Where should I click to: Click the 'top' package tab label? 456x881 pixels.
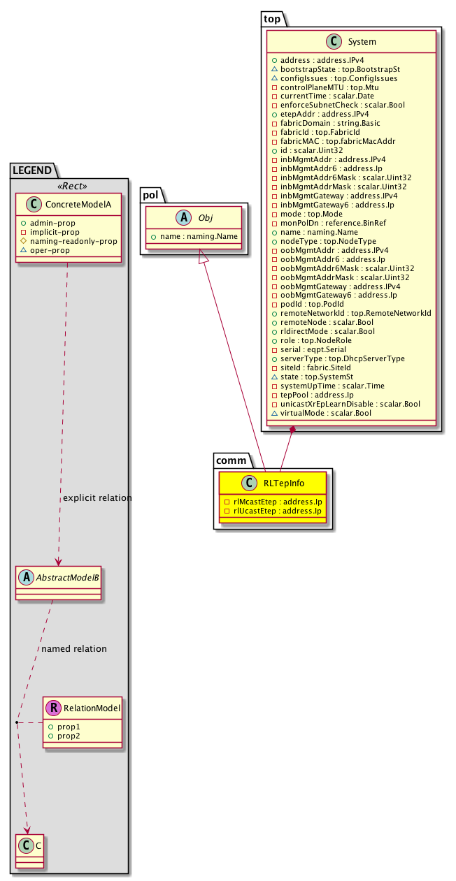pos(271,19)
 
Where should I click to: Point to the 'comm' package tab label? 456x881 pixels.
pos(229,460)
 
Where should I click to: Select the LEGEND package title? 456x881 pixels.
pos(34,168)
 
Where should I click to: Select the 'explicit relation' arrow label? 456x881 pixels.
pos(97,498)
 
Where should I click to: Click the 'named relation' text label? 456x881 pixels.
pos(74,648)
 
